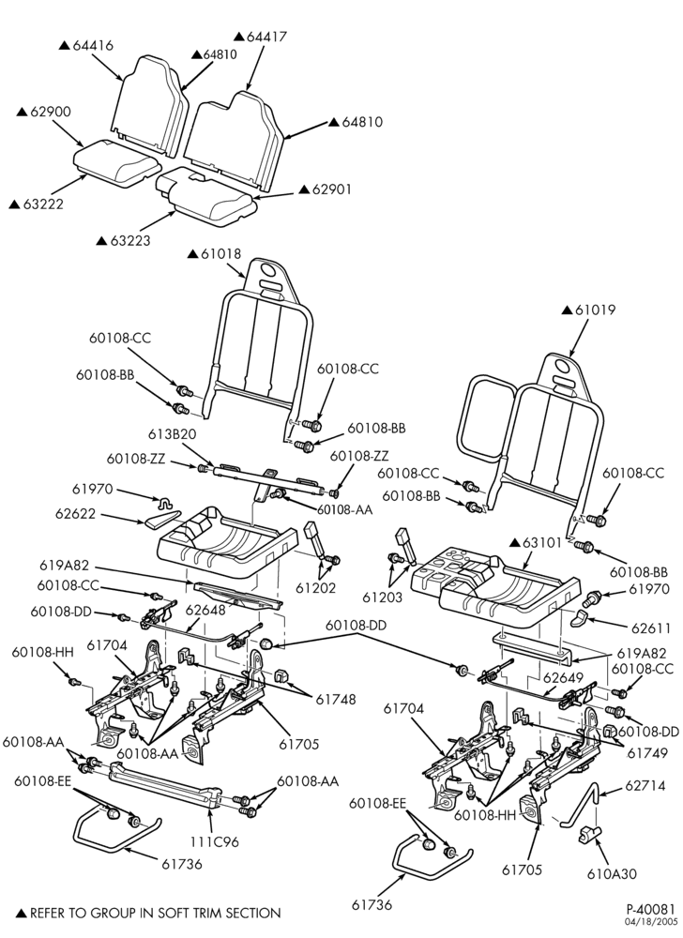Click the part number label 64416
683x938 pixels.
(x=93, y=45)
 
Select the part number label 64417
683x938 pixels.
(x=266, y=37)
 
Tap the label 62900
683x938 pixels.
(x=51, y=112)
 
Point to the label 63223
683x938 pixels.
(x=130, y=241)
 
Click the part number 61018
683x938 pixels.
(x=221, y=253)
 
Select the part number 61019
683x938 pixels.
(x=595, y=310)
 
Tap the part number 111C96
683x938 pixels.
(x=214, y=841)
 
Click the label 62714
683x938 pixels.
(x=645, y=785)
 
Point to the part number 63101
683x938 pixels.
(x=542, y=543)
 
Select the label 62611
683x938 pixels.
(x=651, y=628)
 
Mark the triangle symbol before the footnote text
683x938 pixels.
(x=21, y=914)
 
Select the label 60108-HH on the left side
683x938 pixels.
(x=42, y=652)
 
